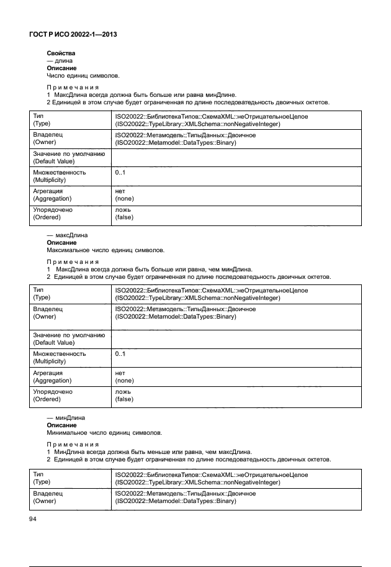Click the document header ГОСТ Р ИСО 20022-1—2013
73,35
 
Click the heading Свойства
61,54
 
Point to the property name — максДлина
67,236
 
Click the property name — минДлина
66,418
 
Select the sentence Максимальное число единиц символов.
106,250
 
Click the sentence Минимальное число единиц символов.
104,432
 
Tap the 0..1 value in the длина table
120,172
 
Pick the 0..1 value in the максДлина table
120,354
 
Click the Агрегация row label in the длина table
52,195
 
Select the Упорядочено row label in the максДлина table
52,396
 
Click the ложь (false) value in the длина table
124,214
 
